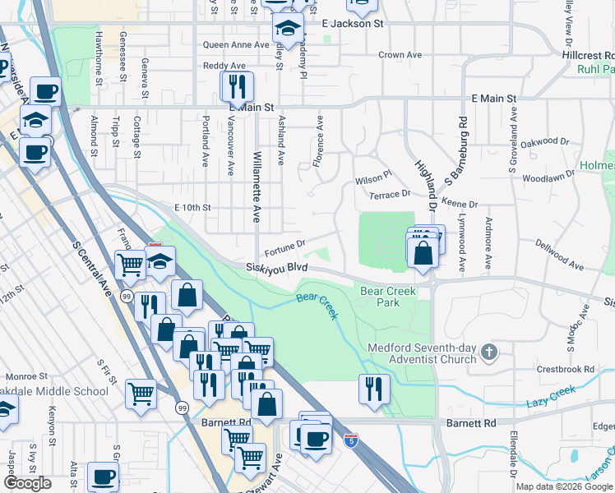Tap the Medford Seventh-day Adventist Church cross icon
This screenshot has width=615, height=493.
coord(489,352)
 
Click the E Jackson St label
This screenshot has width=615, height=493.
coord(353,24)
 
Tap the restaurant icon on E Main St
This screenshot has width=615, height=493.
coord(237,86)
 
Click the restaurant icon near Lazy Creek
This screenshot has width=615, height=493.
coord(375,389)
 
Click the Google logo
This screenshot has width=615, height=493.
coord(28,483)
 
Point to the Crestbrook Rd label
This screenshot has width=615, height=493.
coord(565,370)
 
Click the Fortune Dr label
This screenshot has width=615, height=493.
coord(284,243)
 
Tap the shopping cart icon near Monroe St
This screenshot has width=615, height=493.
coord(141,394)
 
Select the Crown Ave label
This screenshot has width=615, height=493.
coord(400,55)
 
